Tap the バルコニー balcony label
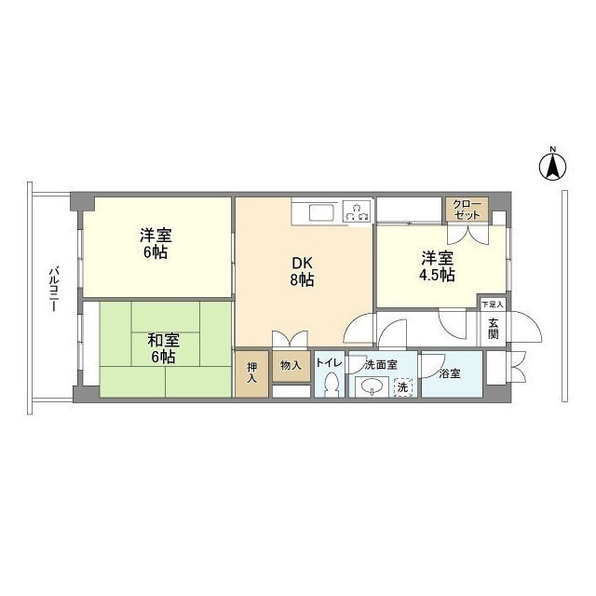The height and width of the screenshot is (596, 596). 54,290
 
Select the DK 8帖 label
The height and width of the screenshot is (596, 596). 302,271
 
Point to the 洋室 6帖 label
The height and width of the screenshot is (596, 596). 156,243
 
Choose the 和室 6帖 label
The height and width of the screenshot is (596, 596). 163,348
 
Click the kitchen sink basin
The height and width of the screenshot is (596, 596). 321,212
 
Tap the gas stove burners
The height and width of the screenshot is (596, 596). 357,211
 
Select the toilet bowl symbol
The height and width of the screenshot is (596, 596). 332,385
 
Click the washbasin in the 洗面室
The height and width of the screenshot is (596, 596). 372,387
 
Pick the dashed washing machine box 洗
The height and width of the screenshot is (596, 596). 402,387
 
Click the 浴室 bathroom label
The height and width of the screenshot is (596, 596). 450,373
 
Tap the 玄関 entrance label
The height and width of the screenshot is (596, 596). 494,329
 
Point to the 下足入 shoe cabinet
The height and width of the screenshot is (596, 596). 493,305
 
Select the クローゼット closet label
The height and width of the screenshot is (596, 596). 467,210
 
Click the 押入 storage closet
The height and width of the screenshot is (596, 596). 251,374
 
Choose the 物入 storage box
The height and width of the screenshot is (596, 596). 291,366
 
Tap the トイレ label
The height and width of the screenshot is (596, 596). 329,363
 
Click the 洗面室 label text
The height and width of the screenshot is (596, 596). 381,365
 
